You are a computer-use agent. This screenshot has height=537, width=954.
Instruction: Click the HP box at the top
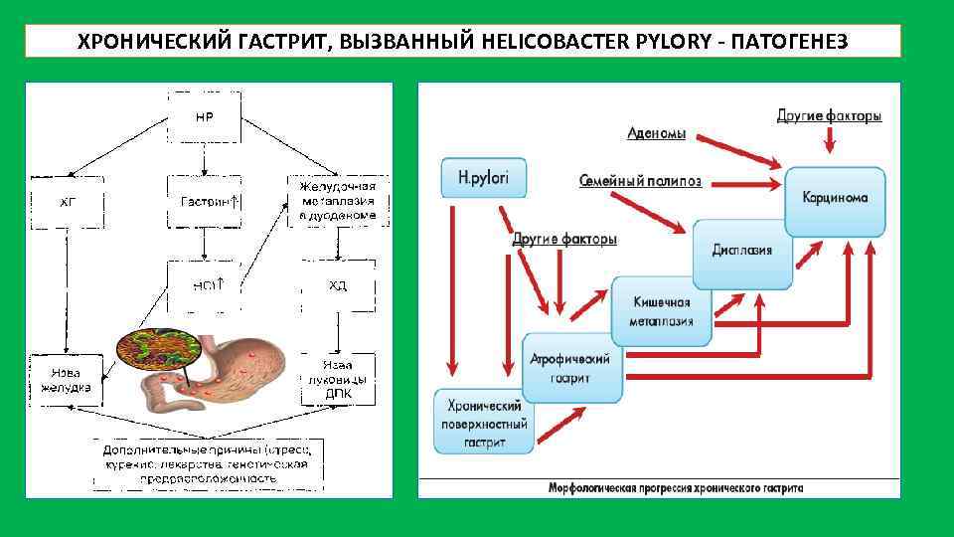204,117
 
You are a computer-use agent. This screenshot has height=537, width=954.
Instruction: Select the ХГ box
67,202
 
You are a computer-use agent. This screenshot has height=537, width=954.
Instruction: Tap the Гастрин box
205,202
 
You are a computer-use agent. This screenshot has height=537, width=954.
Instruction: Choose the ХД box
338,285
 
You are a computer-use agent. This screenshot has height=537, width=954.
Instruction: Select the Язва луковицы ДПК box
338,379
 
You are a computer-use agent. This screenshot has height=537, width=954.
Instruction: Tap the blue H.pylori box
484,178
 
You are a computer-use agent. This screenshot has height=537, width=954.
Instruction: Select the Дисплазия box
741,250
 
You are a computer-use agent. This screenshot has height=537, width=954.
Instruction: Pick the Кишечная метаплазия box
662,311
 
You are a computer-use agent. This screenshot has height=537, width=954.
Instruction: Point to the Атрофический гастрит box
571,368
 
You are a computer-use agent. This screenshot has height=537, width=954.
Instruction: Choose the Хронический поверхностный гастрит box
485,423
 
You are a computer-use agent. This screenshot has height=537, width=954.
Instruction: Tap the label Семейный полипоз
640,181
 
